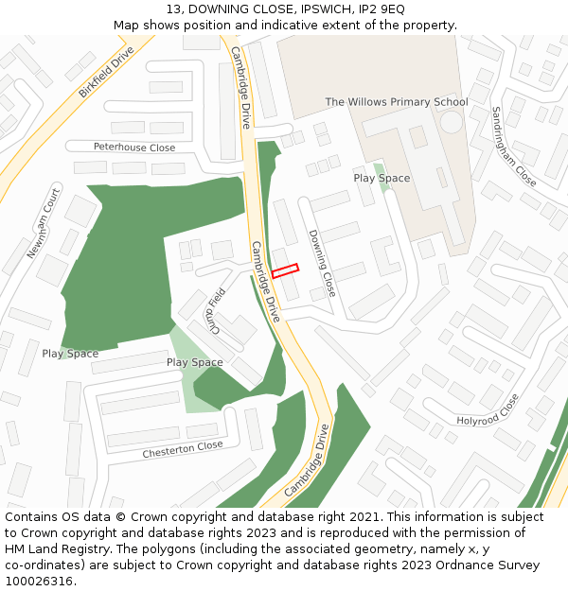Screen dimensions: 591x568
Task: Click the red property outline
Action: [285, 270]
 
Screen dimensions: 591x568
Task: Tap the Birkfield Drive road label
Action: [107, 73]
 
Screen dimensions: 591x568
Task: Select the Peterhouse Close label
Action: [134, 148]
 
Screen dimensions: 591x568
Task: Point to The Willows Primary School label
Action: [397, 102]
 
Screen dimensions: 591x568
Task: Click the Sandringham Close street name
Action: [513, 146]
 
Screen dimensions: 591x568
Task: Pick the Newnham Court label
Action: [44, 223]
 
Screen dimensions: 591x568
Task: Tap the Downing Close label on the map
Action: [322, 263]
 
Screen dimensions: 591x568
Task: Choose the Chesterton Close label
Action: [183, 449]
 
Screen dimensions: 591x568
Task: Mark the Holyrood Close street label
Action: [488, 408]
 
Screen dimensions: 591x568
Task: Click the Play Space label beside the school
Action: [382, 178]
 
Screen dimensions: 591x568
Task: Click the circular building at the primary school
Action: [452, 121]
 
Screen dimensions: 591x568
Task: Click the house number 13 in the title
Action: [173, 9]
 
